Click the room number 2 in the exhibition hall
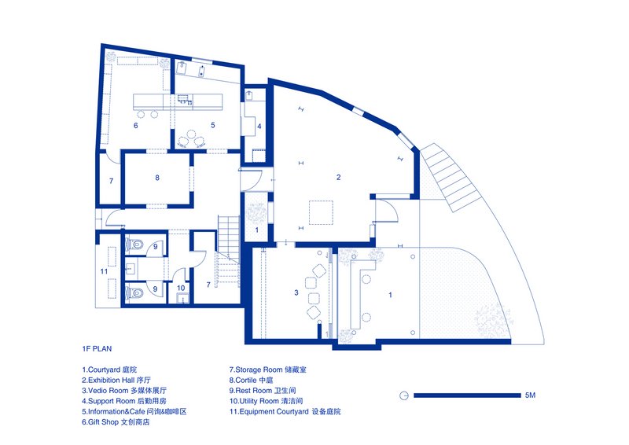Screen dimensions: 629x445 point(339,177)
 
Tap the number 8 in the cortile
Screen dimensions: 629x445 point(157,178)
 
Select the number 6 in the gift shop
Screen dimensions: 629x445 point(136,126)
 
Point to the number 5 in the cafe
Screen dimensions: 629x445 point(213,125)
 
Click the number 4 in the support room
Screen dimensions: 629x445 point(259,127)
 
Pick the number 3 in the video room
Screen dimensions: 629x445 point(296,293)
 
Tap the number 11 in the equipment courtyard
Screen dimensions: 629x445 point(104,271)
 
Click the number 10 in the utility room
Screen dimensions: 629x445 point(181,288)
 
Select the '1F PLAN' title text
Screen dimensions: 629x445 point(97,349)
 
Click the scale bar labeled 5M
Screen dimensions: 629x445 point(467,395)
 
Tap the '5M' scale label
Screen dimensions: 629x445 point(530,395)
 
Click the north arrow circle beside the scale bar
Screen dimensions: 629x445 point(403,395)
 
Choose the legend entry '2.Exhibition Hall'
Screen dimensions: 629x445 point(116,380)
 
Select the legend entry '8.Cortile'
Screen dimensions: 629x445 point(251,380)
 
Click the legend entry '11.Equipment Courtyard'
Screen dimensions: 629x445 point(285,411)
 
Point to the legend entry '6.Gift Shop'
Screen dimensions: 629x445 point(116,421)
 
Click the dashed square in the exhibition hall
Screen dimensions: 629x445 point(321,212)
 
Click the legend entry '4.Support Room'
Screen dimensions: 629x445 point(124,401)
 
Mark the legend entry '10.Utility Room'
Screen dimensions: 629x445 point(266,401)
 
